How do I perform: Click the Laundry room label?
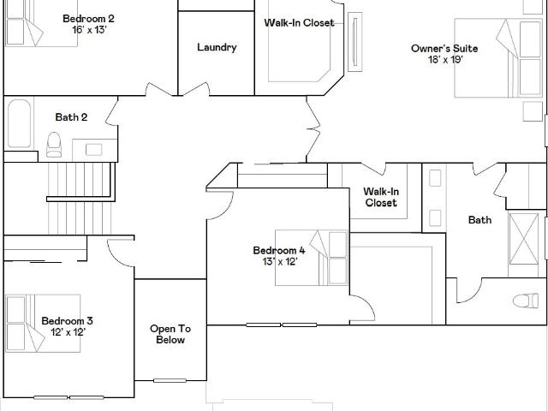(217, 48)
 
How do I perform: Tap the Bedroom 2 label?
(88, 19)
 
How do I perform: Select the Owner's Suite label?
(444, 48)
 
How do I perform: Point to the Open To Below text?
(170, 334)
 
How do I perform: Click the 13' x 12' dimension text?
(280, 262)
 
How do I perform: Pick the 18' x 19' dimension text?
(445, 60)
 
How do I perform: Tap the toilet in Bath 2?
(54, 145)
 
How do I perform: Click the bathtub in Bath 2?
(19, 123)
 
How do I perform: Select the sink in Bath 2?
(93, 150)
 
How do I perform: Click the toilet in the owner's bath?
(526, 301)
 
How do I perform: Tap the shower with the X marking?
(523, 239)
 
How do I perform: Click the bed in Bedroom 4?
(312, 258)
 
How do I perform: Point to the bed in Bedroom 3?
(43, 324)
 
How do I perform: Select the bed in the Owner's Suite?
(498, 58)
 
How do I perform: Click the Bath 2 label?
(71, 117)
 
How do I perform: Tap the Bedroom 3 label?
(67, 321)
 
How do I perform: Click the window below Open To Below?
(170, 380)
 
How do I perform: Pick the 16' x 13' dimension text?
(89, 30)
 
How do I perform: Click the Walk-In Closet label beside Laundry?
(299, 23)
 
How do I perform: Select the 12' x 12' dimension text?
(68, 332)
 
